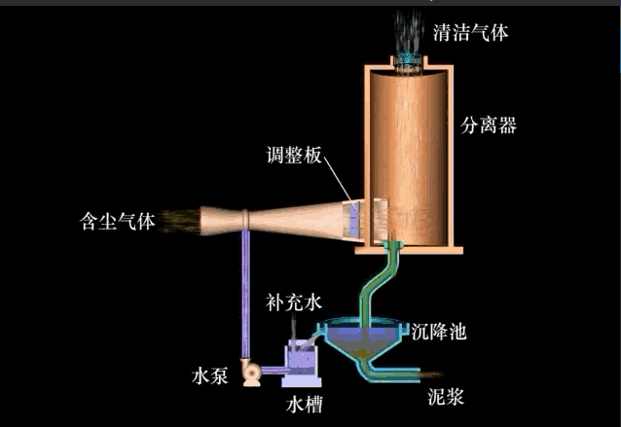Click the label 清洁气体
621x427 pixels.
[470, 33]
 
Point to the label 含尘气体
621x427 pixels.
[117, 221]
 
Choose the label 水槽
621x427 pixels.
[304, 400]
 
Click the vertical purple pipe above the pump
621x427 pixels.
[244, 292]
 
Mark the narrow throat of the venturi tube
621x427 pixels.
[245, 223]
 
